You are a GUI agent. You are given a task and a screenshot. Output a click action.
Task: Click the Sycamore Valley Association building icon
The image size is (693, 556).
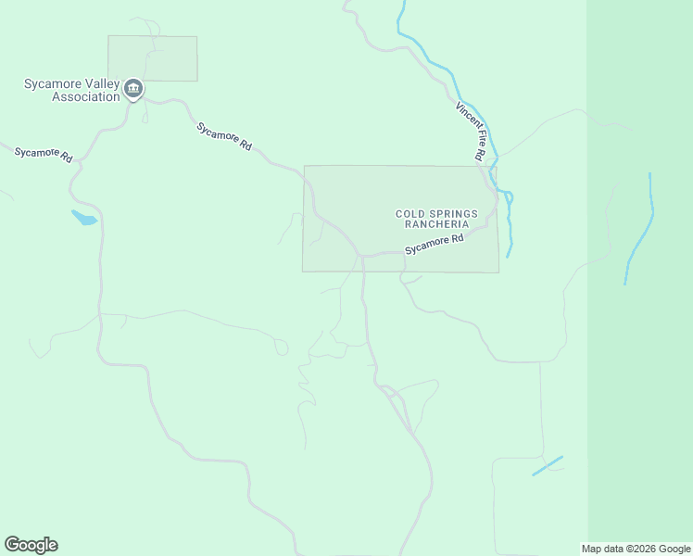tap(133, 88)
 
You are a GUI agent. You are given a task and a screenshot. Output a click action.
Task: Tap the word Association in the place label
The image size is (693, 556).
tap(86, 97)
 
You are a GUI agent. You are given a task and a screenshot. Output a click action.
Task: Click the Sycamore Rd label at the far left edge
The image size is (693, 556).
tap(43, 154)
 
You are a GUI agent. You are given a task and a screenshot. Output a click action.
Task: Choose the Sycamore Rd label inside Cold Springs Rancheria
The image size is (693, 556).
tap(434, 245)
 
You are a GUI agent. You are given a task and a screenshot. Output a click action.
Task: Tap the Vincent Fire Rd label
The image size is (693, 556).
tap(470, 132)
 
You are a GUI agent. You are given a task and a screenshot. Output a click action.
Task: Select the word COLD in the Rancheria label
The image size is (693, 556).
tap(410, 214)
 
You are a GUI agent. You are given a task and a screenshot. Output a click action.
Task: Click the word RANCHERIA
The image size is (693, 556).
tap(433, 224)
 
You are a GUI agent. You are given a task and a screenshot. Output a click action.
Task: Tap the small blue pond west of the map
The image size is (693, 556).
tap(83, 219)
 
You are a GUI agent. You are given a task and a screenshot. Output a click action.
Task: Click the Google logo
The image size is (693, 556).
tap(31, 545)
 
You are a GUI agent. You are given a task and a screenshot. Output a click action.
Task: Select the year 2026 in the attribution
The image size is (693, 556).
tap(643, 549)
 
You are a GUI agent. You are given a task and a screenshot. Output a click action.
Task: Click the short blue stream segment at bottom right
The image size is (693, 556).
tap(548, 465)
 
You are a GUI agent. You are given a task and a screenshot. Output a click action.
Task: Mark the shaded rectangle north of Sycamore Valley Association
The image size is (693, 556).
tap(153, 57)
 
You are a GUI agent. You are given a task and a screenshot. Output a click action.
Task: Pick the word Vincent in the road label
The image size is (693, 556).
tap(462, 118)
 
